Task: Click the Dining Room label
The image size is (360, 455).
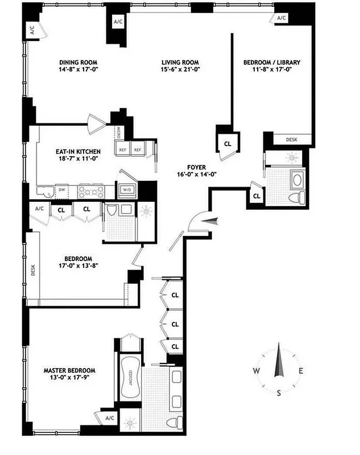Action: [x=78, y=63]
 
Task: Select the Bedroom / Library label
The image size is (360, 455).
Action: [x=272, y=63]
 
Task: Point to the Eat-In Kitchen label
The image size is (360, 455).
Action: [x=78, y=151]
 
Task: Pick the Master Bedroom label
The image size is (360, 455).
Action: [x=70, y=371]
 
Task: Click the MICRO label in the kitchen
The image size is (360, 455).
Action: [x=120, y=132]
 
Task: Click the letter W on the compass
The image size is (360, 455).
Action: [x=257, y=371]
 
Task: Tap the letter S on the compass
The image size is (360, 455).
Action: [x=279, y=392]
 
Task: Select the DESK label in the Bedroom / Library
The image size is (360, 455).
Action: [x=292, y=139]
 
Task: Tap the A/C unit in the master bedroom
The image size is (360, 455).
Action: [x=109, y=419]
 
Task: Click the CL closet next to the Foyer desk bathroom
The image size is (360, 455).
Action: [x=256, y=196]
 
